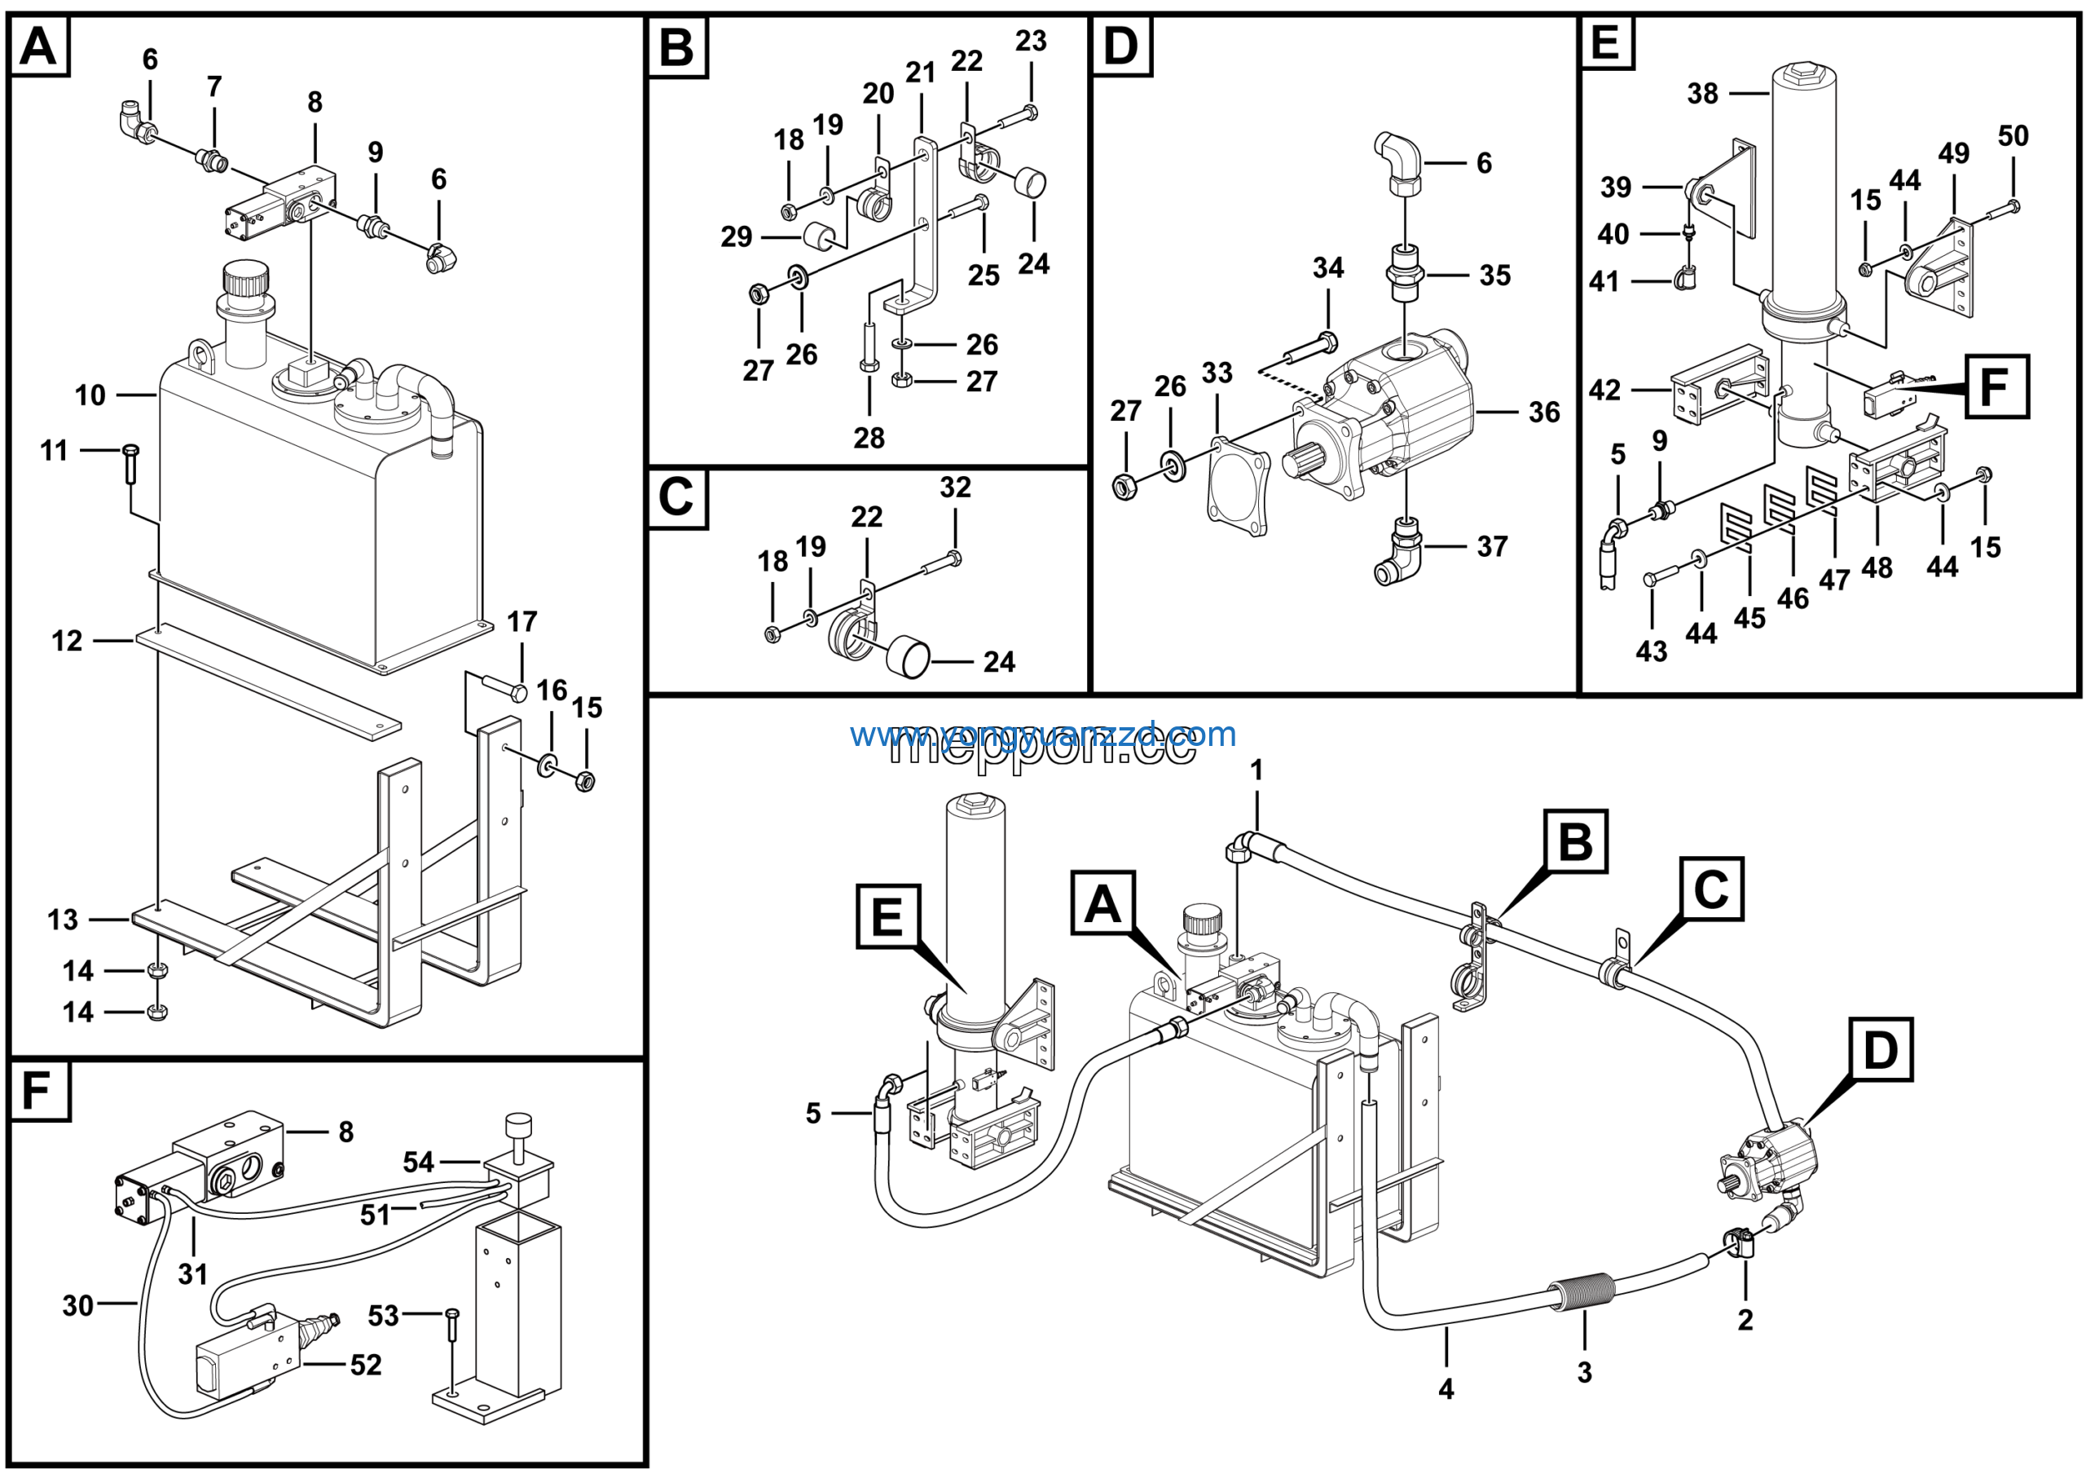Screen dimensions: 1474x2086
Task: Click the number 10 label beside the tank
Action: pyautogui.click(x=90, y=395)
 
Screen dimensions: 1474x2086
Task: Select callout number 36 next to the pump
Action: pyautogui.click(x=1543, y=413)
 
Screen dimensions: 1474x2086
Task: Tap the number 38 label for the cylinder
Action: pyautogui.click(x=1702, y=94)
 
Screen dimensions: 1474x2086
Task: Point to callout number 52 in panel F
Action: pyautogui.click(x=366, y=1365)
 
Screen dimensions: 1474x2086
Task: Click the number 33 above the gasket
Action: pyautogui.click(x=1217, y=373)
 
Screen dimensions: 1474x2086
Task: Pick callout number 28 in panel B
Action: pyautogui.click(x=869, y=438)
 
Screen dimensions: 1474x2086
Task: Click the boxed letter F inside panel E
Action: pyautogui.click(x=1996, y=387)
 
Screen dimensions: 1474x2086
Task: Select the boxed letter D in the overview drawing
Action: pyautogui.click(x=1880, y=1049)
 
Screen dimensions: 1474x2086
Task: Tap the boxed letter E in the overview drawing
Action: pyautogui.click(x=887, y=916)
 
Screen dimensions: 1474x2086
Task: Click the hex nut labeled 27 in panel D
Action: pyautogui.click(x=1124, y=487)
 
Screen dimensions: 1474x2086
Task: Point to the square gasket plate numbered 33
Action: pyautogui.click(x=1238, y=486)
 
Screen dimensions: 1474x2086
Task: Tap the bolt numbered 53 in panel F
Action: pyautogui.click(x=452, y=1341)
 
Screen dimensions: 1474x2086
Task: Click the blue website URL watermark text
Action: pyautogui.click(x=1042, y=735)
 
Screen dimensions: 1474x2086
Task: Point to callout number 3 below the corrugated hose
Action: pyautogui.click(x=1583, y=1372)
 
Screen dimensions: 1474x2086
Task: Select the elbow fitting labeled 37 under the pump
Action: pyautogui.click(x=1397, y=552)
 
